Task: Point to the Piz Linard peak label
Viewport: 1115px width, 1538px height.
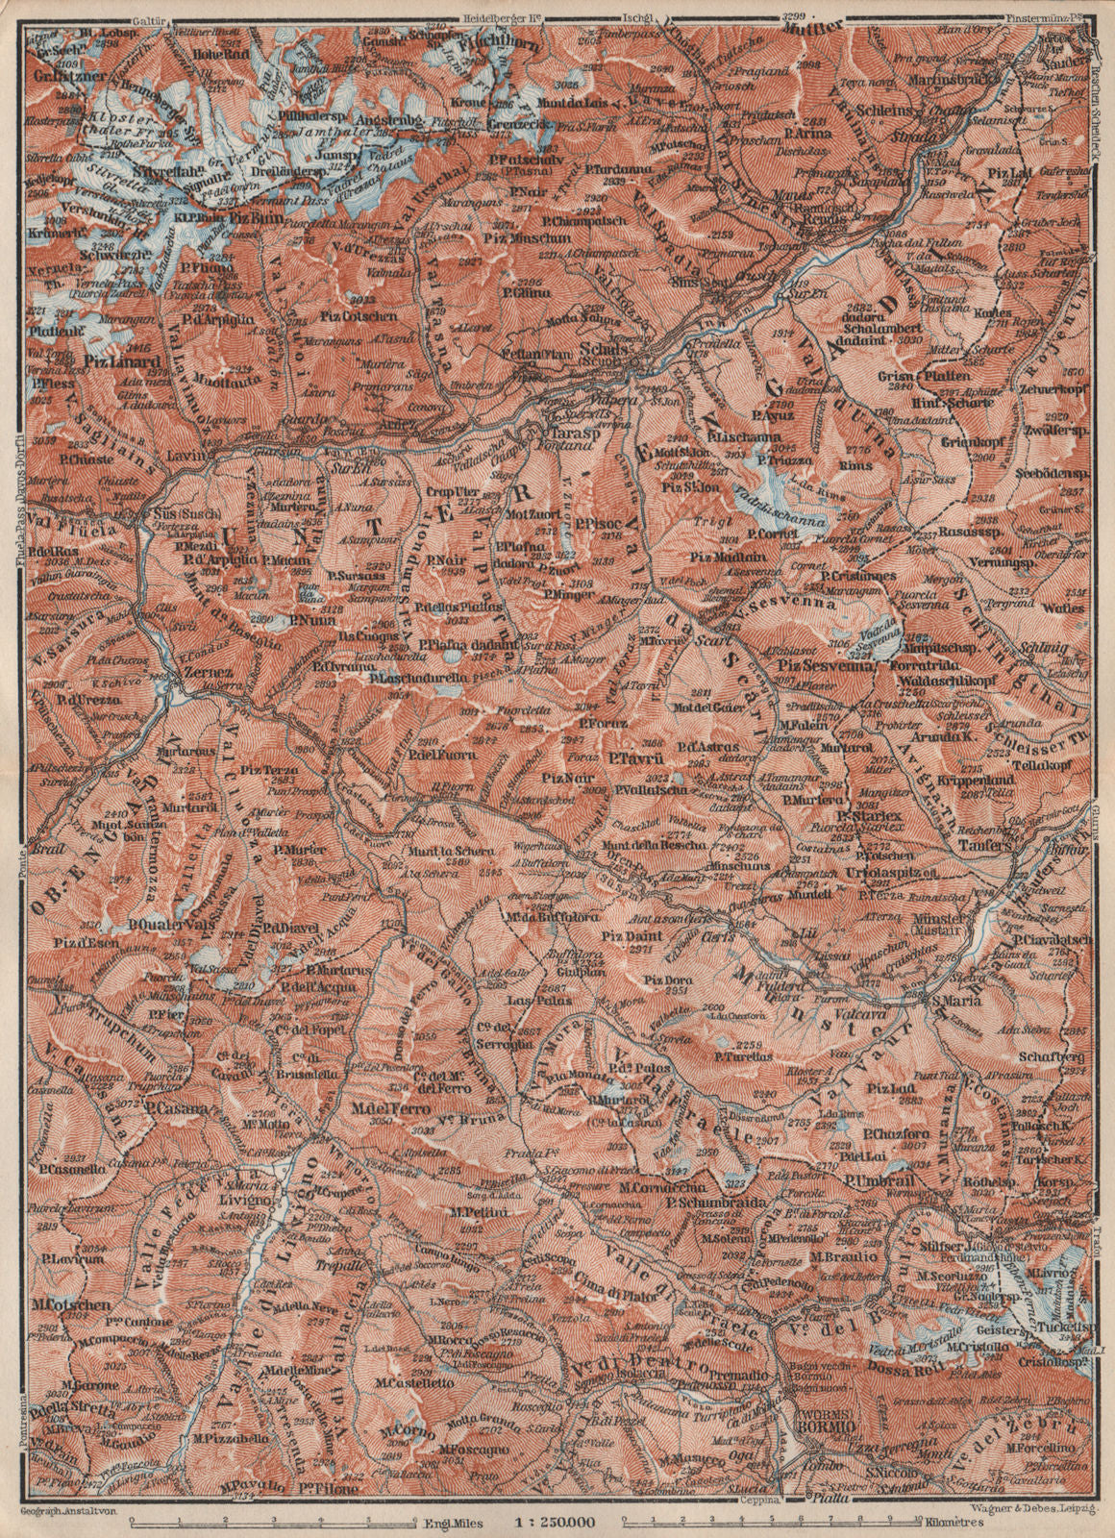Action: (111, 361)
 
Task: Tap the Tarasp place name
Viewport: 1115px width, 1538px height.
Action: (568, 432)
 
